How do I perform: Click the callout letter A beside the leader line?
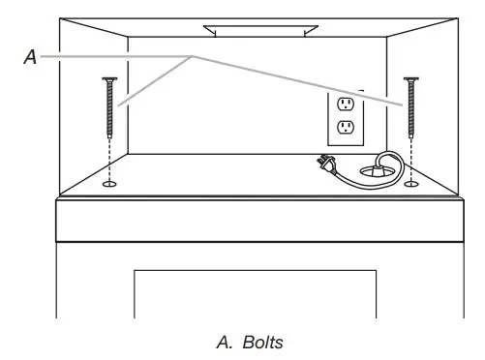pos(30,57)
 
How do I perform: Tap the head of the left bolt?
pos(108,78)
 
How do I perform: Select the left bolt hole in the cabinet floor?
pos(108,181)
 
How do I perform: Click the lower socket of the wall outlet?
pos(344,127)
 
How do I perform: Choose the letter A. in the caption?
pos(221,343)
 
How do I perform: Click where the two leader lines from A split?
pos(194,57)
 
